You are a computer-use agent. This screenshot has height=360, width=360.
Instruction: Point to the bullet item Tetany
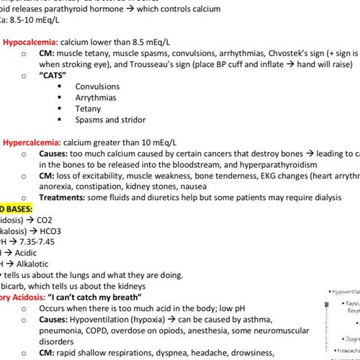pos(88,108)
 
